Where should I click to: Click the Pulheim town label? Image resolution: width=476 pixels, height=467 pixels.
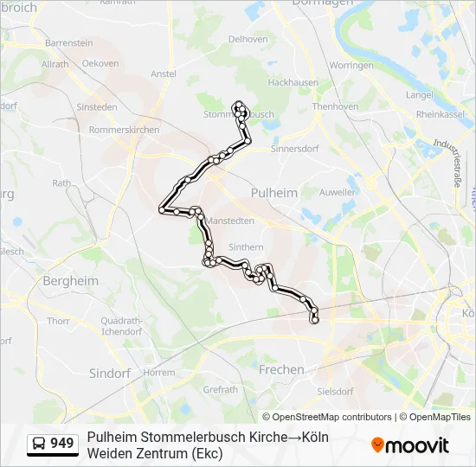pos(273,193)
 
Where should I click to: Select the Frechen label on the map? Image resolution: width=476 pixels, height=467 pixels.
pos(281,369)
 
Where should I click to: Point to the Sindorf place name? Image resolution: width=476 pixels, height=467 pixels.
pos(110,373)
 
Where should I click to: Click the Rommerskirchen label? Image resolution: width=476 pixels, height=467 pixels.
pos(124,130)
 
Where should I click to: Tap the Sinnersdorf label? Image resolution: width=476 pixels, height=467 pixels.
pos(296,148)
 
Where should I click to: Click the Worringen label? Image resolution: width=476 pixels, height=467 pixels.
pos(351,65)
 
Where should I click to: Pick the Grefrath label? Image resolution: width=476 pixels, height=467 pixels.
pos(220,389)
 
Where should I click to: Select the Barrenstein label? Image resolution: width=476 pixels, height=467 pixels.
pos(68,42)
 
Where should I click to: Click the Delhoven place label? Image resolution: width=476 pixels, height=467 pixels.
pos(247,39)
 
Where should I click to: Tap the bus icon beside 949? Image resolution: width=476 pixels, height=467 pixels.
pos(39,444)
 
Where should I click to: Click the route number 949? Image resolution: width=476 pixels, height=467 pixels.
pos(62,444)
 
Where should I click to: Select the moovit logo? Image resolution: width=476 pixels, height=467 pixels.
pos(410,445)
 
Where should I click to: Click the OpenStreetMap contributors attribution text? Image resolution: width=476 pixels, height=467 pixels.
pos(327,417)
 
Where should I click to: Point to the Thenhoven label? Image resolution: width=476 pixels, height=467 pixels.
pos(335,106)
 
